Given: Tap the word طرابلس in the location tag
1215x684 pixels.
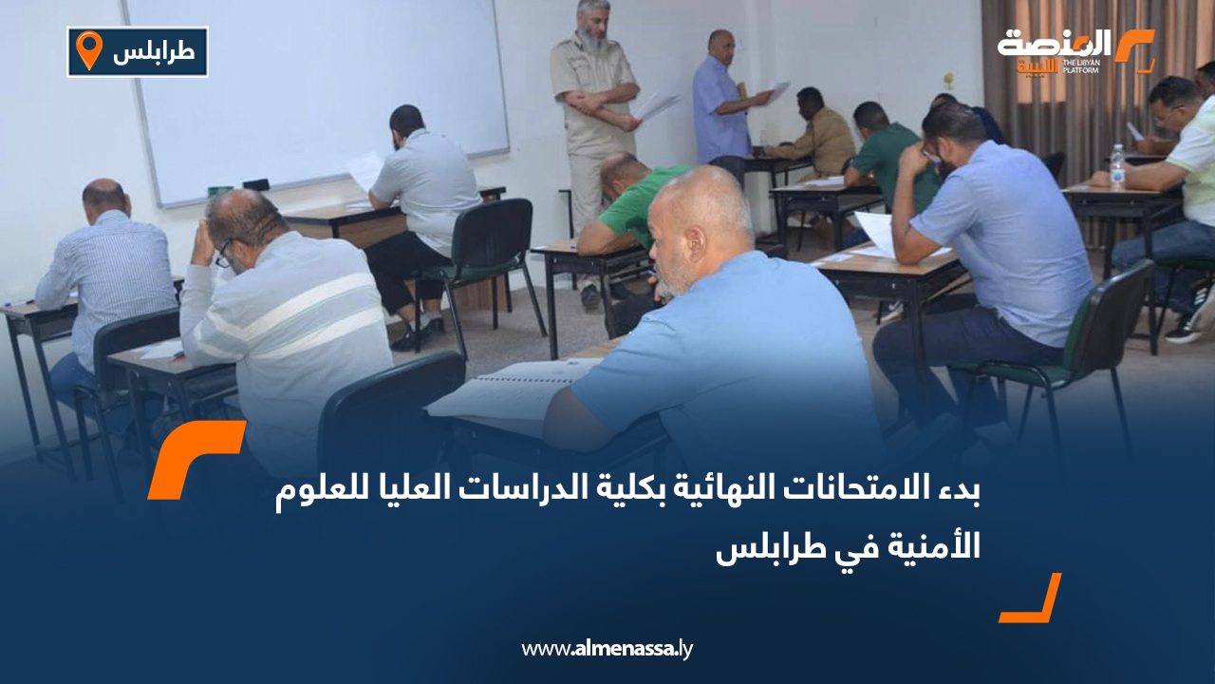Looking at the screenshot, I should (x=154, y=52).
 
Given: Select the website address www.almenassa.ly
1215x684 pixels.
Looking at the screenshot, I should (x=607, y=649).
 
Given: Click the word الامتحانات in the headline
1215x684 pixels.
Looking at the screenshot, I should (x=835, y=493).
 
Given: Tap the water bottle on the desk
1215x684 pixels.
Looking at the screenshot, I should (x=1117, y=167).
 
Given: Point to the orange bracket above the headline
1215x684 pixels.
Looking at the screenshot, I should (x=195, y=458).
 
